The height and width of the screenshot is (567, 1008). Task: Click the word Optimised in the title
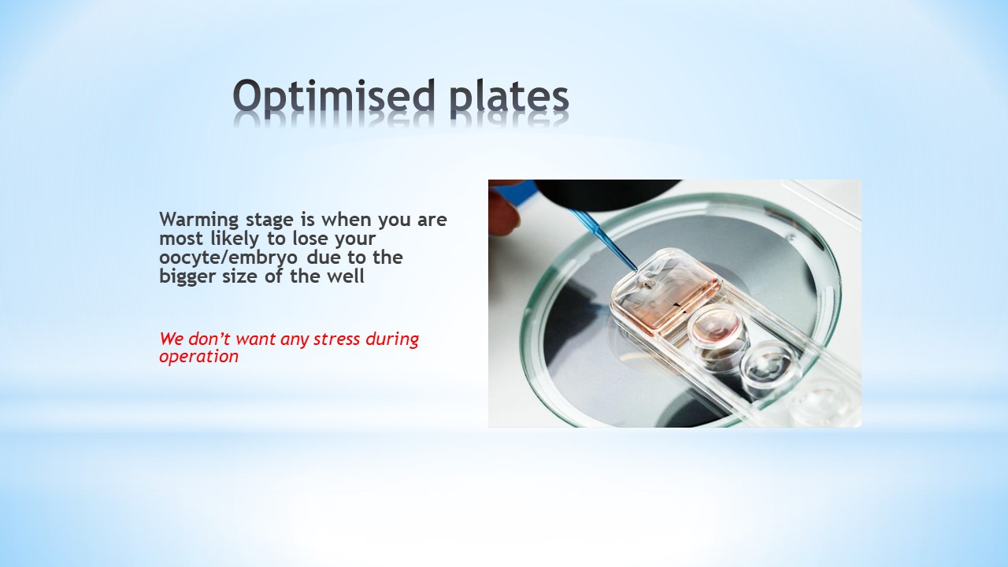pyautogui.click(x=333, y=97)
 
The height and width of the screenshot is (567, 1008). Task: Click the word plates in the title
pyautogui.click(x=510, y=97)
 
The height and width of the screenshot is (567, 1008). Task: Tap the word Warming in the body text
pyautogui.click(x=199, y=220)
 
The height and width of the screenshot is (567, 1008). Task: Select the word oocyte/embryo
pyautogui.click(x=228, y=258)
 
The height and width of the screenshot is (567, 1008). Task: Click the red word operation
pyautogui.click(x=199, y=358)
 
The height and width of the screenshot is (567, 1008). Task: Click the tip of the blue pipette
pyautogui.click(x=636, y=271)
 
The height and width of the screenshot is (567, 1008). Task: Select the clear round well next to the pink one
pyautogui.click(x=768, y=365)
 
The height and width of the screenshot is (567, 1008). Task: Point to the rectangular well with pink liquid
pyautogui.click(x=665, y=292)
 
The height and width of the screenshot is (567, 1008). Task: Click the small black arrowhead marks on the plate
pyautogui.click(x=678, y=307)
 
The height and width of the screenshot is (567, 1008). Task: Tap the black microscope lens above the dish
pyautogui.click(x=607, y=195)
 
